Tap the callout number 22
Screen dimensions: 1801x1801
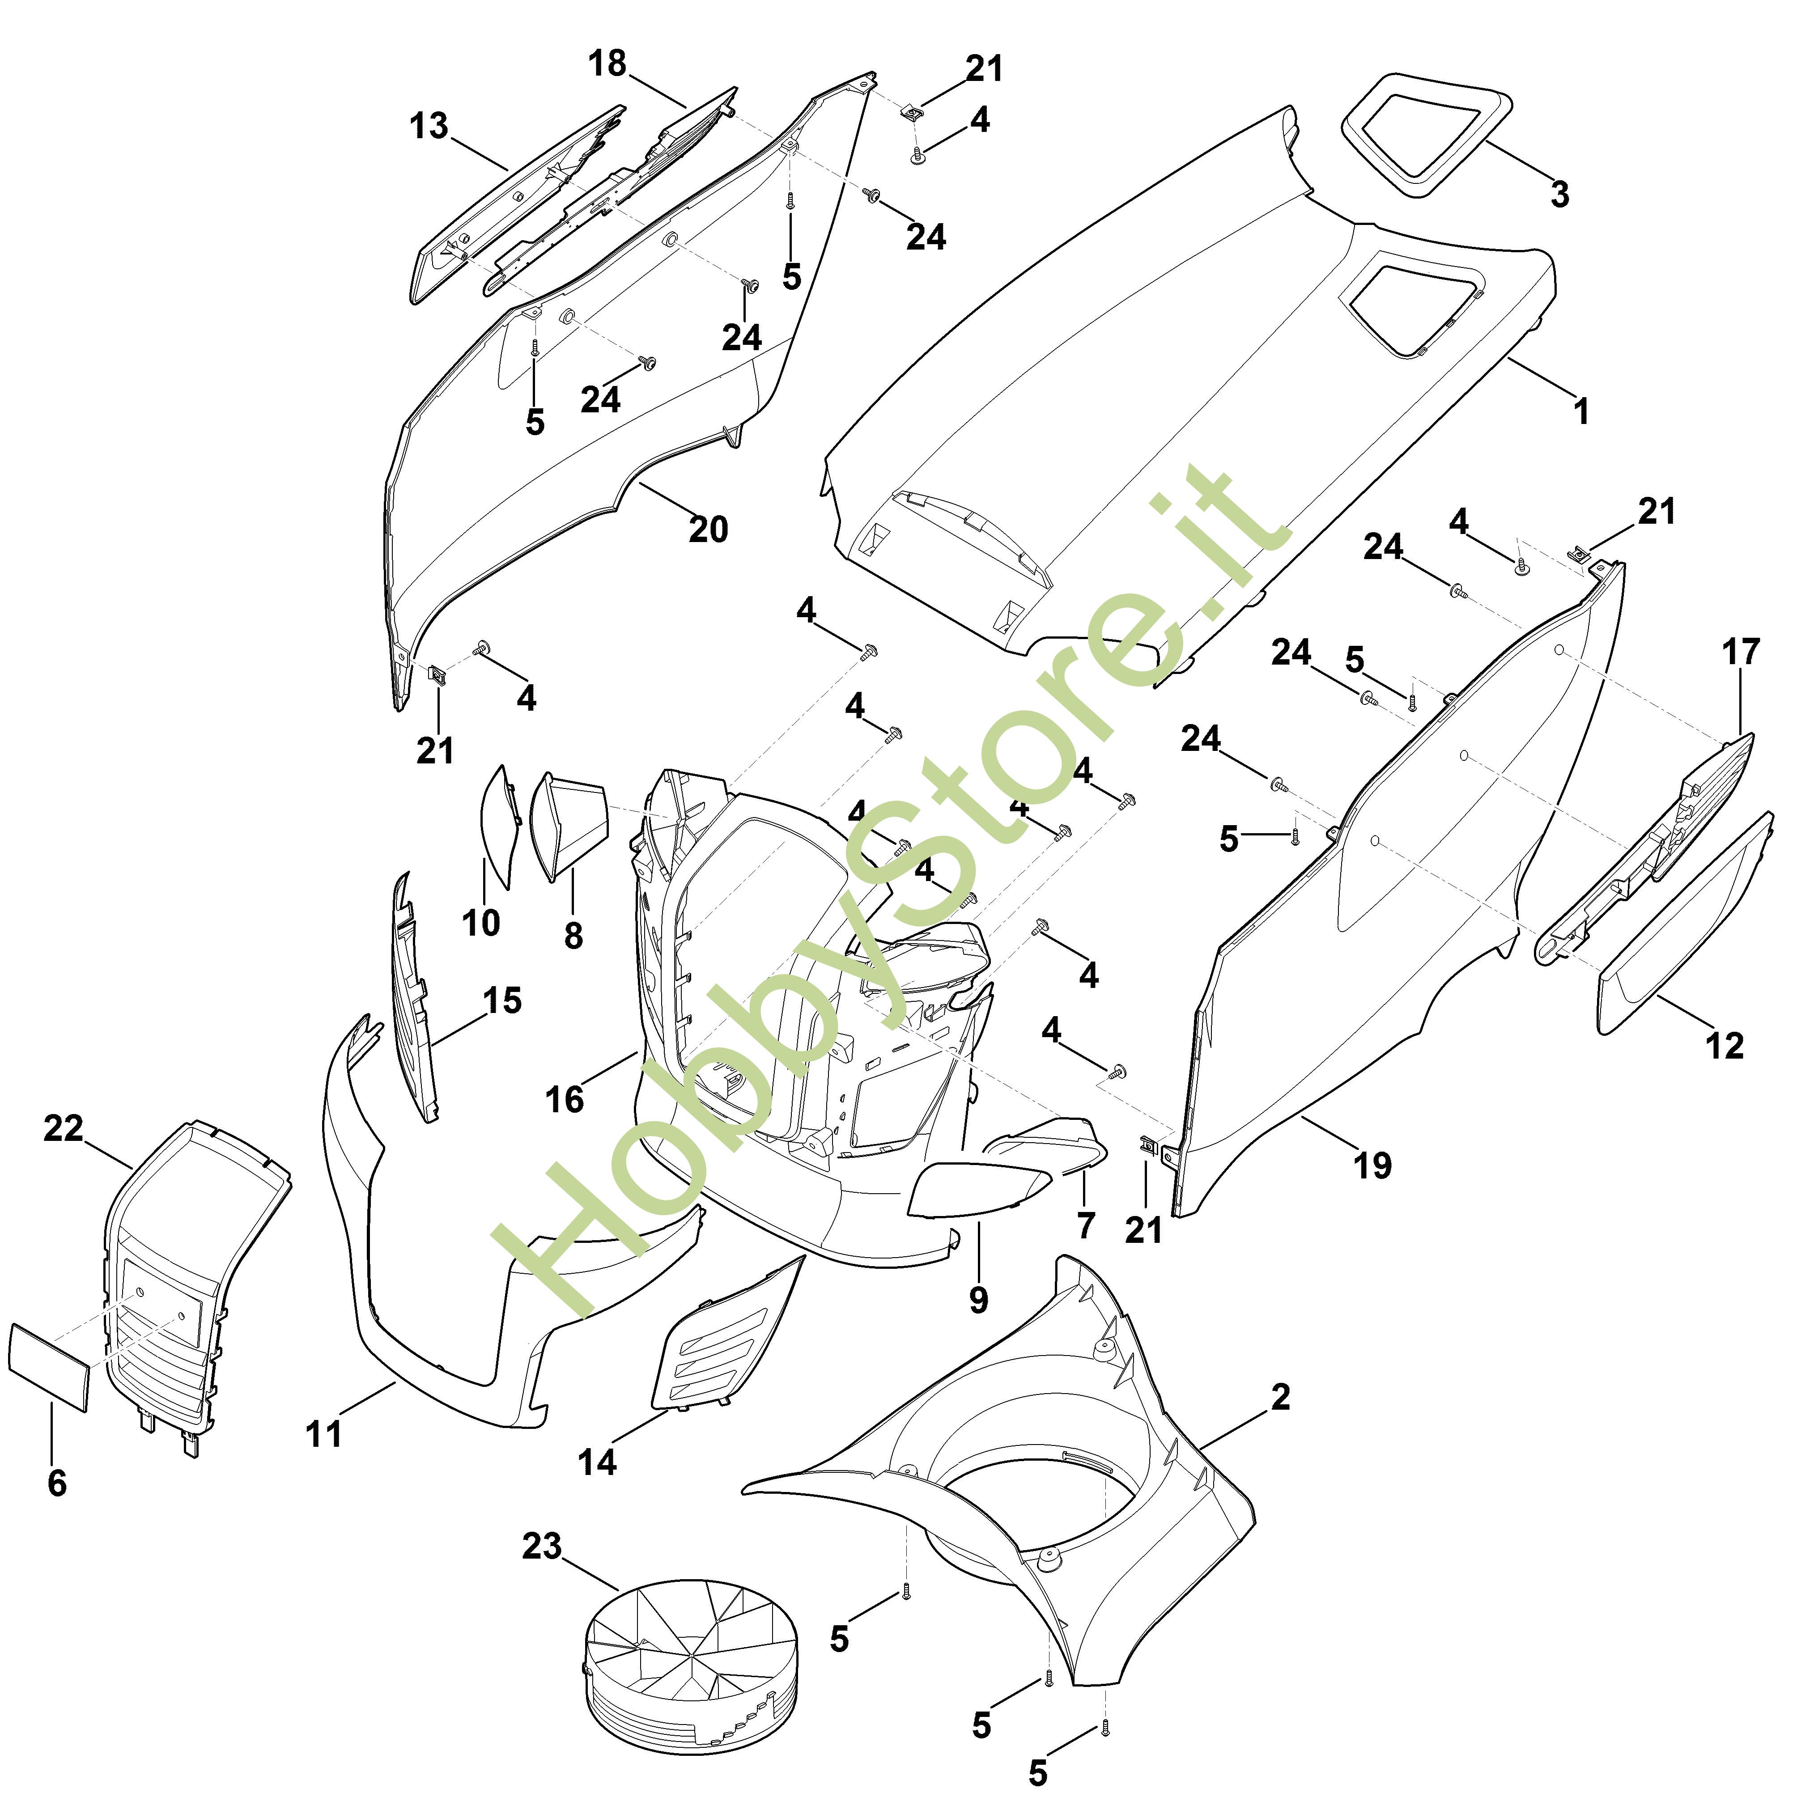(64, 1129)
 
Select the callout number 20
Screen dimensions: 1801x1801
(708, 530)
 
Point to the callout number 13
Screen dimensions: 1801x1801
(429, 126)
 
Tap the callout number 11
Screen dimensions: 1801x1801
(323, 1434)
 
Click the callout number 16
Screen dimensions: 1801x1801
(564, 1100)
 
